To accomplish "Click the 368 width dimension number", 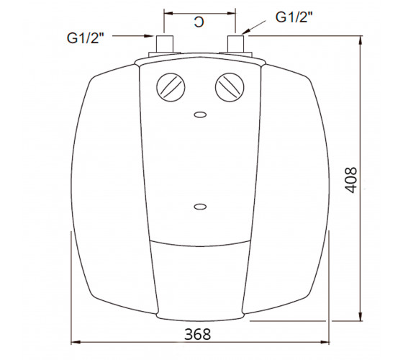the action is [198, 334].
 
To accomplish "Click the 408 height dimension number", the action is [351, 180].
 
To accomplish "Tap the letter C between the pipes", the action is [199, 22].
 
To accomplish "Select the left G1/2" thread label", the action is [86, 38].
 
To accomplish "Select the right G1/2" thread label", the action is [294, 17].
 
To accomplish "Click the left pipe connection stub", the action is [165, 44].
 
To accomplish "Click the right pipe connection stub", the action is [236, 44].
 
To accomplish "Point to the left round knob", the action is [171, 87].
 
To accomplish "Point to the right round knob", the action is [230, 87].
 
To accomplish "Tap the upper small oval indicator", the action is [200, 114].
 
